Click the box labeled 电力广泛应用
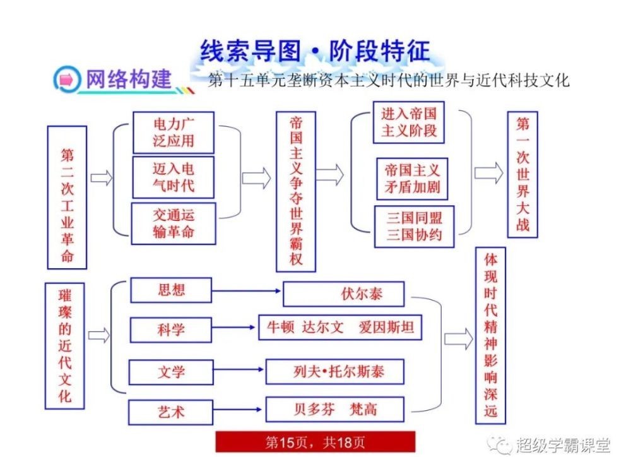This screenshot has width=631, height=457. [174, 132]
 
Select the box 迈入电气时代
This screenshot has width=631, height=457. [174, 177]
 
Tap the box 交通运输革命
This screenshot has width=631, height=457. [174, 223]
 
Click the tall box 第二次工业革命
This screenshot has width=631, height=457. [66, 197]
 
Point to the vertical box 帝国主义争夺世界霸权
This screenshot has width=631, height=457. [296, 191]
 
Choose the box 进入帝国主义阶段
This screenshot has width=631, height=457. [409, 122]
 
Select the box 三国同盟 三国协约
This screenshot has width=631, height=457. [414, 227]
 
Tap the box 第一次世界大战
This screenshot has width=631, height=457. [522, 174]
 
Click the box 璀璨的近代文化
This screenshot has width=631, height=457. [65, 345]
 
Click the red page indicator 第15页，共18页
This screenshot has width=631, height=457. [315, 442]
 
